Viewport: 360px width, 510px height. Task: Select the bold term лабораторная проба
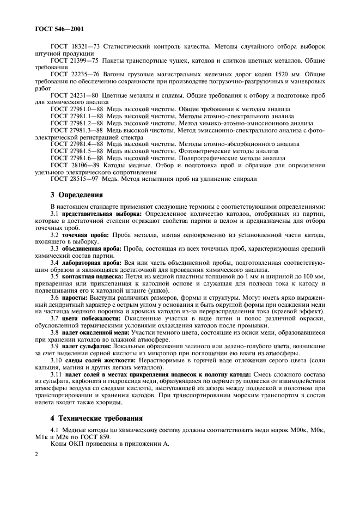tap(90, 263)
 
